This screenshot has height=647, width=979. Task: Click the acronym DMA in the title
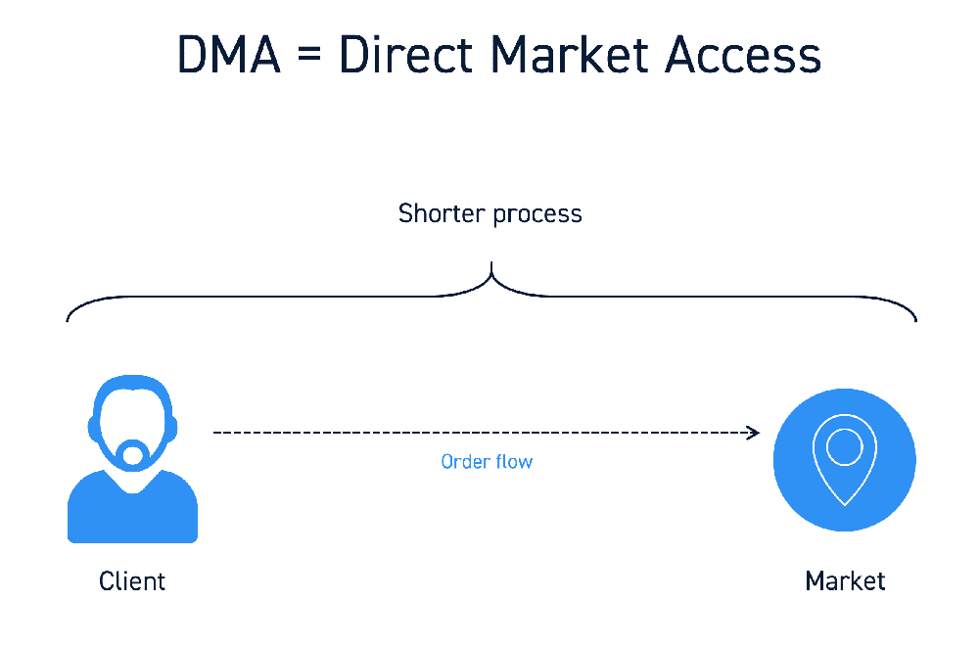click(x=229, y=55)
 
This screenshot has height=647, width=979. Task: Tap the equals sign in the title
click(x=309, y=53)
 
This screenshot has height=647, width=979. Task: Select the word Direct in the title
click(x=406, y=54)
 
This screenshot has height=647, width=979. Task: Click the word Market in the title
click(x=570, y=54)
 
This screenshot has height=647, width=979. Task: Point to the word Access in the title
click(x=742, y=55)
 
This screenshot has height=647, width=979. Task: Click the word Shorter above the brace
click(x=442, y=213)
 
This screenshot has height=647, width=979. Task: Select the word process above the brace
click(x=537, y=216)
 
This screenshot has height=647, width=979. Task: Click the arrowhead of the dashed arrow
click(x=754, y=433)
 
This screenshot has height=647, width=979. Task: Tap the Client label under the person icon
click(x=132, y=580)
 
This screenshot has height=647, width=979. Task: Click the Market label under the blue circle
click(x=845, y=580)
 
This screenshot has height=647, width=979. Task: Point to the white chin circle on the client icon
click(x=132, y=454)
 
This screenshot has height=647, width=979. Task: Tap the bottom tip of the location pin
click(x=845, y=505)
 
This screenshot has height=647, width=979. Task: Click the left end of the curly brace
click(x=67, y=321)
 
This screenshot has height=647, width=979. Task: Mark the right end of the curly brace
click(x=916, y=321)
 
